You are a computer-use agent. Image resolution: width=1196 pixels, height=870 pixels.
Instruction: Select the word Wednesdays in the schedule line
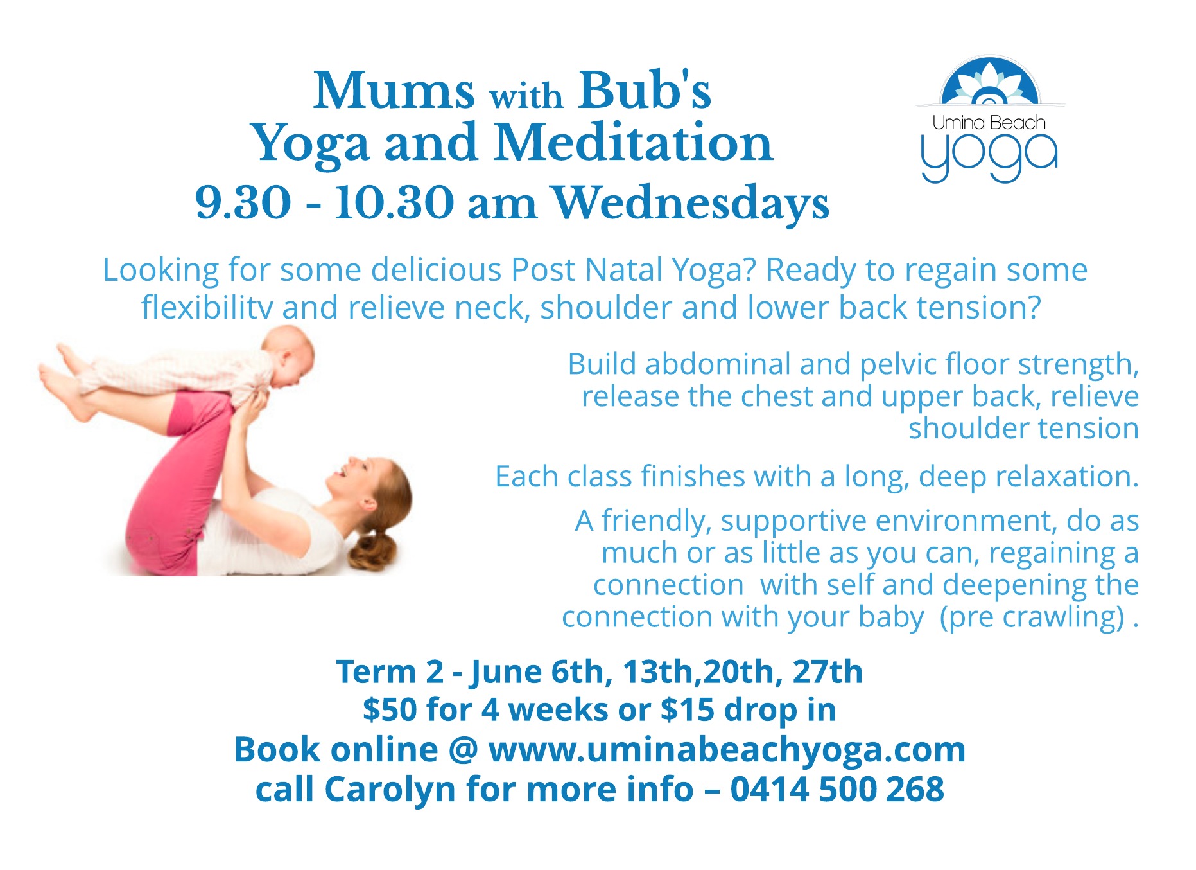tap(691, 203)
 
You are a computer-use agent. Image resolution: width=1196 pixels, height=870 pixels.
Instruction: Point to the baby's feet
tap(64, 379)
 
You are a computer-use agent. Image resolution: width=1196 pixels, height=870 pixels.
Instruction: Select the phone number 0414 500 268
tap(837, 789)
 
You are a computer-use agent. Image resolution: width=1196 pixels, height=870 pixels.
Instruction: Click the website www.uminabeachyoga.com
tap(727, 750)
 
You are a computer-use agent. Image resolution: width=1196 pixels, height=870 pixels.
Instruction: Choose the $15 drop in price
tap(748, 710)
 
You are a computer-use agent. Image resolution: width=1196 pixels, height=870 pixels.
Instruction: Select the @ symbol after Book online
tap(463, 750)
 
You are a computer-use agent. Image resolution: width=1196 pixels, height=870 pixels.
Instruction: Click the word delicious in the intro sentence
tap(436, 270)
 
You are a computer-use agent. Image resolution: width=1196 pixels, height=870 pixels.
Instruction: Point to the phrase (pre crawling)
tap(1032, 617)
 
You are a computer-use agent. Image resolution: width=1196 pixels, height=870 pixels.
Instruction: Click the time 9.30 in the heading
tap(243, 203)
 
